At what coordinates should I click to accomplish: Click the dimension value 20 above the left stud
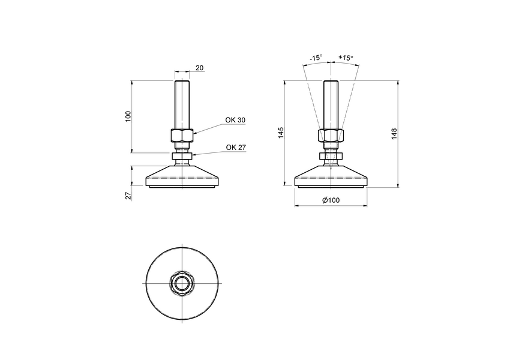tap(199, 68)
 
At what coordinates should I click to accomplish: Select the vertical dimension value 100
tap(127, 116)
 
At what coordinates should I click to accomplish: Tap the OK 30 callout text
tap(235, 120)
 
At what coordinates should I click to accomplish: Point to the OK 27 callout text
tap(236, 148)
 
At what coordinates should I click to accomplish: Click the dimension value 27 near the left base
tap(128, 196)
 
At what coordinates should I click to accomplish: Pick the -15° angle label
tap(316, 58)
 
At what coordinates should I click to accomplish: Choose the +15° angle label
tap(346, 58)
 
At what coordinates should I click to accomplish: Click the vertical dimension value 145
tap(280, 133)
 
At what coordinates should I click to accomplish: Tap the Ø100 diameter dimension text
tap(331, 200)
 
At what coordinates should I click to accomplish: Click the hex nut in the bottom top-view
tap(182, 283)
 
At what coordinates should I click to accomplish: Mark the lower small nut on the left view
tap(182, 157)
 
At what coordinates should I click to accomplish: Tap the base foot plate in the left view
tap(182, 178)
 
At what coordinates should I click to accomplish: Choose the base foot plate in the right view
tap(332, 178)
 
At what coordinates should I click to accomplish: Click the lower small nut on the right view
tap(332, 157)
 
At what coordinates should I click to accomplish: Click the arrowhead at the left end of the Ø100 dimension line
tap(297, 206)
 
